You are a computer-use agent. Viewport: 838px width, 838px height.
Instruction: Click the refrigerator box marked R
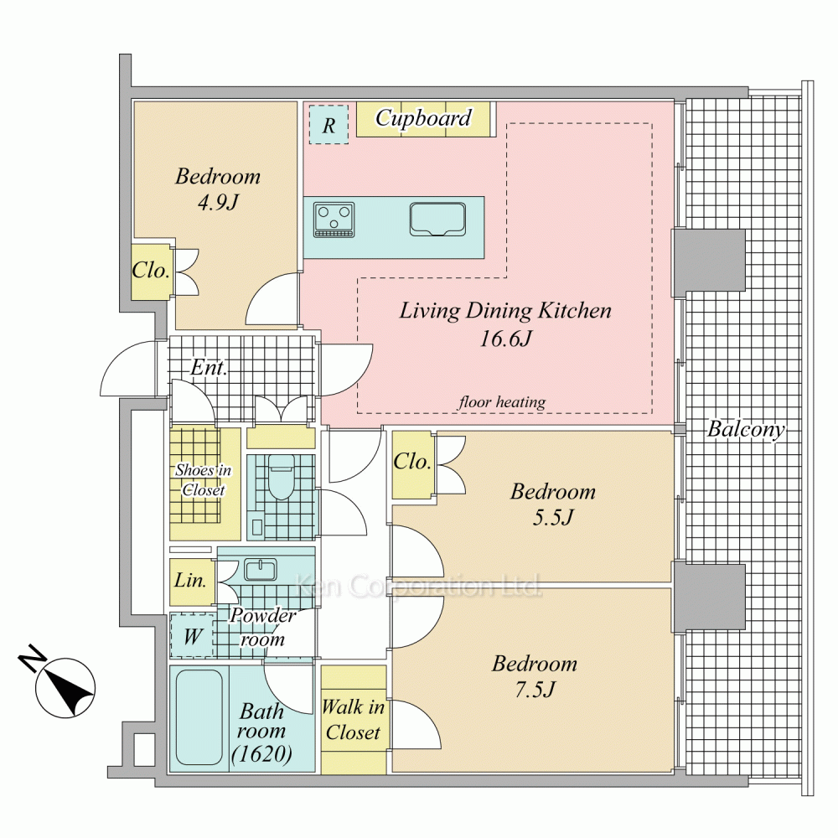(x=329, y=124)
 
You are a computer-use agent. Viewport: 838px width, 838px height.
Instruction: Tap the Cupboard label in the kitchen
(x=423, y=118)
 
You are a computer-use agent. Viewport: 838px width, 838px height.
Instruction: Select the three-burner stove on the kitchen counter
(x=334, y=219)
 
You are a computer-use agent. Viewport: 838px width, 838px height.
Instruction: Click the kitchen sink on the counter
(x=437, y=219)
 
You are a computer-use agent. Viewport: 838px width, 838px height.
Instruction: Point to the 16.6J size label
(x=505, y=339)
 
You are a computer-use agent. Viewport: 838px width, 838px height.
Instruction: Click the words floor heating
(x=502, y=402)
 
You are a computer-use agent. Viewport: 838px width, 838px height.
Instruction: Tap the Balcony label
(x=746, y=429)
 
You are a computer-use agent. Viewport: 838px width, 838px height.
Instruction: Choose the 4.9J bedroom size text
(x=218, y=202)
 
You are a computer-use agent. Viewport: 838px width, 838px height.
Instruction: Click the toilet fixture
(x=281, y=477)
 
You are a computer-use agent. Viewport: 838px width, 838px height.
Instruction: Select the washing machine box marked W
(x=193, y=636)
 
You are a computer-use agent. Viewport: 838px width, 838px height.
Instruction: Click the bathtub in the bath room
(x=199, y=718)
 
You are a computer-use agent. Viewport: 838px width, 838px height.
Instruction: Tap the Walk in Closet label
(x=354, y=720)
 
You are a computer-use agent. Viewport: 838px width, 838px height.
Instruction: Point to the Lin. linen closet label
(x=190, y=580)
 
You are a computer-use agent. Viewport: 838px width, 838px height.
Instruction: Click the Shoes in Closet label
(x=204, y=479)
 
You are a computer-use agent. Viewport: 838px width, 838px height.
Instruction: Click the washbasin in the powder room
(x=261, y=570)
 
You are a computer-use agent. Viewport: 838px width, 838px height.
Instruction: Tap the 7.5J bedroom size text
(x=535, y=690)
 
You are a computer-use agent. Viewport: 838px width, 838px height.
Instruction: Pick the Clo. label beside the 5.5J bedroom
(x=412, y=461)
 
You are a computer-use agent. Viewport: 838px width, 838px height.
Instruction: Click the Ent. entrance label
(x=209, y=367)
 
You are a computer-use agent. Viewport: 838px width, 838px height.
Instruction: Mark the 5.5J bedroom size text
(x=553, y=517)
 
